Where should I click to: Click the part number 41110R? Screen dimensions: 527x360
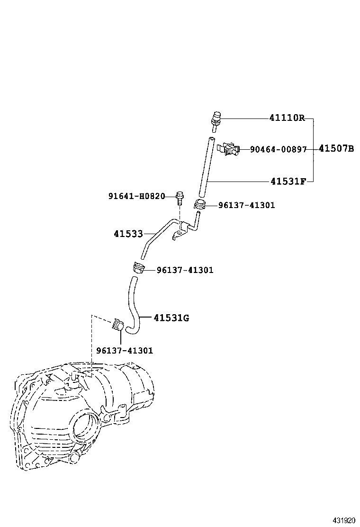pyautogui.click(x=288, y=118)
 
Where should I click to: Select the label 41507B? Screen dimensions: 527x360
pyautogui.click(x=336, y=149)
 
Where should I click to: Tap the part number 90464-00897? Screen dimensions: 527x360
pyautogui.click(x=279, y=149)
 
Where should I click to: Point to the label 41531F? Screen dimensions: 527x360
pyautogui.click(x=288, y=181)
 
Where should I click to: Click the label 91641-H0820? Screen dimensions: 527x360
pyautogui.click(x=136, y=196)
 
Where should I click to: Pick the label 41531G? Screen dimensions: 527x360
pyautogui.click(x=171, y=318)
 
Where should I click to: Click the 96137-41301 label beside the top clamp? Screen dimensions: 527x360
pyautogui.click(x=246, y=205)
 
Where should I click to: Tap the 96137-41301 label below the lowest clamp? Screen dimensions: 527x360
pyautogui.click(x=125, y=350)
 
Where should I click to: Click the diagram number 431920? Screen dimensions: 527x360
pyautogui.click(x=342, y=520)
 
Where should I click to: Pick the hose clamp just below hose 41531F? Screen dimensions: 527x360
pyautogui.click(x=199, y=205)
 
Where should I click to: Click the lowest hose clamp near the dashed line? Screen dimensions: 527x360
pyautogui.click(x=117, y=326)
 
